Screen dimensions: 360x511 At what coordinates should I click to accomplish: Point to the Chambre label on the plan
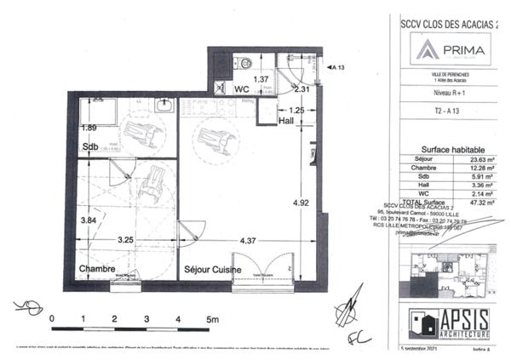(x=98, y=268)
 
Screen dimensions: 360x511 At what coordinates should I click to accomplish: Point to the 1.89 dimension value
(x=88, y=128)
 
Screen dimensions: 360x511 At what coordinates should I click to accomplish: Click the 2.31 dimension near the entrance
(x=300, y=89)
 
